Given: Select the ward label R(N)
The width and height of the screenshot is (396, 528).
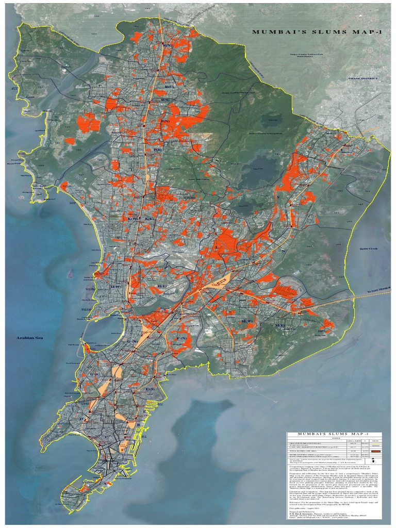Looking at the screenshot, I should pos(166,45).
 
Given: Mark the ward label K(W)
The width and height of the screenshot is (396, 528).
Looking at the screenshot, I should pos(130,219).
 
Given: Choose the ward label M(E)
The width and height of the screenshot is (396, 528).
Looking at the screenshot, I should pos(281,326).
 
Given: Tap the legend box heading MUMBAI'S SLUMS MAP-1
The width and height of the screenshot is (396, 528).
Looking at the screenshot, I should pos(338,434).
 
